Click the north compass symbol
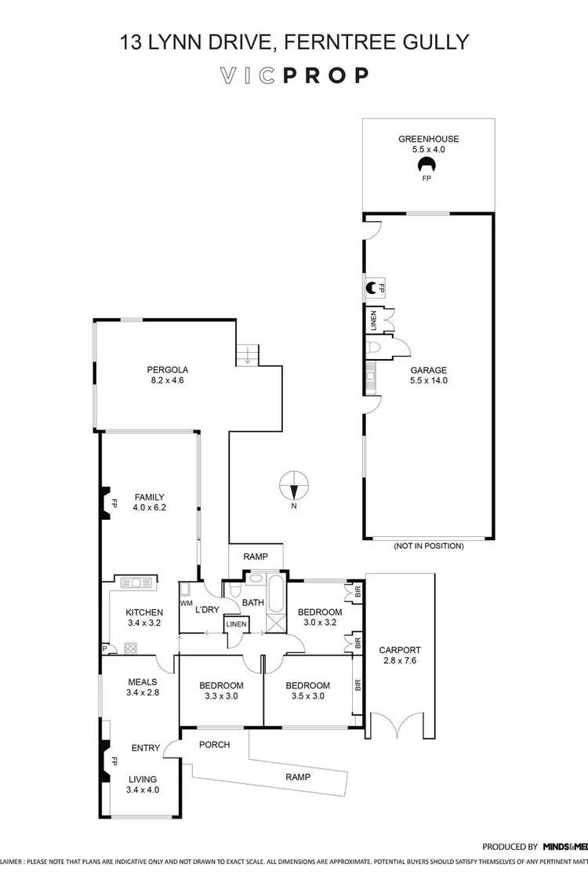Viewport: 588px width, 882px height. [293, 486]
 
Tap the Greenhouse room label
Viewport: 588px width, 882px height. [427, 145]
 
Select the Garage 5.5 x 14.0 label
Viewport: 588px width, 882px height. [428, 376]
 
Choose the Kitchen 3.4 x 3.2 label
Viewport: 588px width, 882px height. [145, 618]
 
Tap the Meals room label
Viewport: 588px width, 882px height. [142, 687]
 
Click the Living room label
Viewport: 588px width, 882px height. [142, 784]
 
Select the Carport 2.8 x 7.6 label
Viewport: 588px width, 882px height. [400, 655]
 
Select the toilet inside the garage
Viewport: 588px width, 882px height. [373, 346]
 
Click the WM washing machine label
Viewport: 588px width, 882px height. [186, 604]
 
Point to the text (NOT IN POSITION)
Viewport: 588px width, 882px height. [428, 546]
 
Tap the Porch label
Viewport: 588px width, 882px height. [214, 744]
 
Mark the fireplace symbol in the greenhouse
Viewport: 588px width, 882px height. [427, 165]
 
